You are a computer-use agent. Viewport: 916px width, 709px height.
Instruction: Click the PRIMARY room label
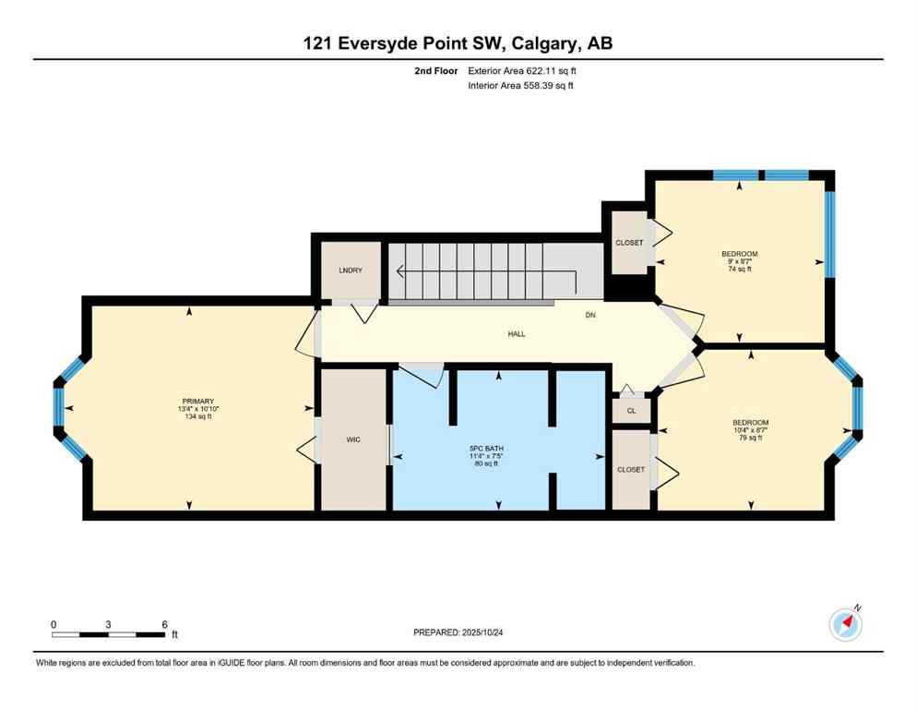click(x=198, y=402)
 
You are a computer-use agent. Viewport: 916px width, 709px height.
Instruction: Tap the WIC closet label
click(x=352, y=439)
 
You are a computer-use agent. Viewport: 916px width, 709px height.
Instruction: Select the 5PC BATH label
click(x=499, y=449)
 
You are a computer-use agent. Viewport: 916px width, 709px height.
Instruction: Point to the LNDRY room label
click(x=351, y=271)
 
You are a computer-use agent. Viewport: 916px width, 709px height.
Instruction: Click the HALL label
click(x=517, y=333)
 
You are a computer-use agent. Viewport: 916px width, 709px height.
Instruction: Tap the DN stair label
click(x=590, y=314)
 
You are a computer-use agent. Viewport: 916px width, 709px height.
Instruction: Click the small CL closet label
click(x=631, y=411)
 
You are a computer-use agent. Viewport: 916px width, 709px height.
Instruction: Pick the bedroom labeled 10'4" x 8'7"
click(x=750, y=422)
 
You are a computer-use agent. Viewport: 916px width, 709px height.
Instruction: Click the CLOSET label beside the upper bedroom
click(x=629, y=243)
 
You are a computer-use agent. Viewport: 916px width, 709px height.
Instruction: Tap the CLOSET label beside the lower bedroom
click(x=631, y=469)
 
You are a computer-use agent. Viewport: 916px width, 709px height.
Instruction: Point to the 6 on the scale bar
click(x=164, y=624)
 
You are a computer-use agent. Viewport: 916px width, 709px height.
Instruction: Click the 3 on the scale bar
click(x=109, y=624)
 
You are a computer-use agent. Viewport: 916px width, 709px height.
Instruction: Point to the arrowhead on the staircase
click(x=400, y=271)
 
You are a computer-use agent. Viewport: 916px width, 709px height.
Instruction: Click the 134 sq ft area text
click(x=198, y=416)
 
